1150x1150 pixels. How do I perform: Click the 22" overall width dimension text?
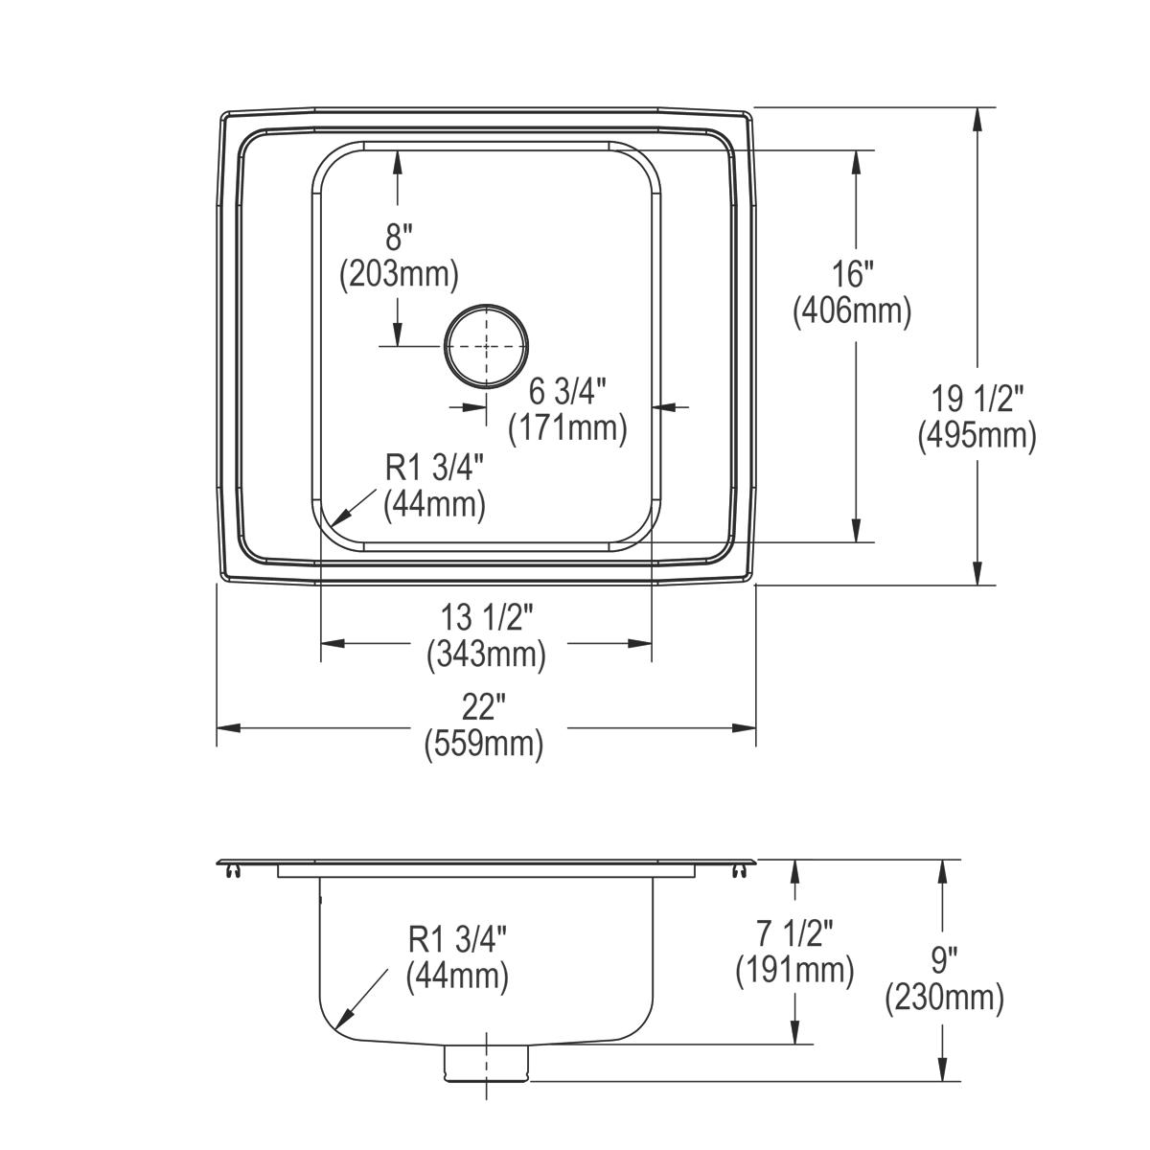click(x=485, y=709)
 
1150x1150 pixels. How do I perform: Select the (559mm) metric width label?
click(x=485, y=745)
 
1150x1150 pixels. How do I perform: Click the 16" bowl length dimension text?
click(x=852, y=275)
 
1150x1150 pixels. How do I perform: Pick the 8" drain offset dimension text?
click(x=399, y=237)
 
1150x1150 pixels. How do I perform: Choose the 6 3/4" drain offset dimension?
click(x=568, y=391)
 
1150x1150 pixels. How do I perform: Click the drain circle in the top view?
click(x=486, y=346)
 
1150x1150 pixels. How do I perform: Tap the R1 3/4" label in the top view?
click(x=434, y=469)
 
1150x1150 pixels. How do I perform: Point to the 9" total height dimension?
click(x=944, y=962)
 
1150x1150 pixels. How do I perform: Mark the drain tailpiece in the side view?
click(x=486, y=1065)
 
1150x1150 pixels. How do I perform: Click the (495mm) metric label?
click(x=977, y=436)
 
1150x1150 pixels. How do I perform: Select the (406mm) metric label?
click(x=852, y=311)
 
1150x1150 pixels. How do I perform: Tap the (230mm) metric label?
click(x=944, y=999)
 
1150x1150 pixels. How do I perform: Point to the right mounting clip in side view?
click(x=739, y=870)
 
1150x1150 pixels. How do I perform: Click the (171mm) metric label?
click(x=568, y=427)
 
